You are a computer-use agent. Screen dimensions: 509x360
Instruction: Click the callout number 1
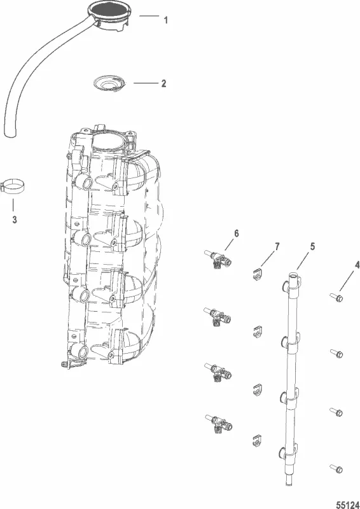pos(165,20)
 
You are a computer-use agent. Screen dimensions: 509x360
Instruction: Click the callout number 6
pos(236,234)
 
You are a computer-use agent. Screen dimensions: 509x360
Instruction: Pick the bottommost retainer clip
pos(256,440)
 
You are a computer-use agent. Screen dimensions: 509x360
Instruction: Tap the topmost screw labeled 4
pos(336,296)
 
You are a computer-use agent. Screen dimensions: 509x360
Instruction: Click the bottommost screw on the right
pos(336,470)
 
